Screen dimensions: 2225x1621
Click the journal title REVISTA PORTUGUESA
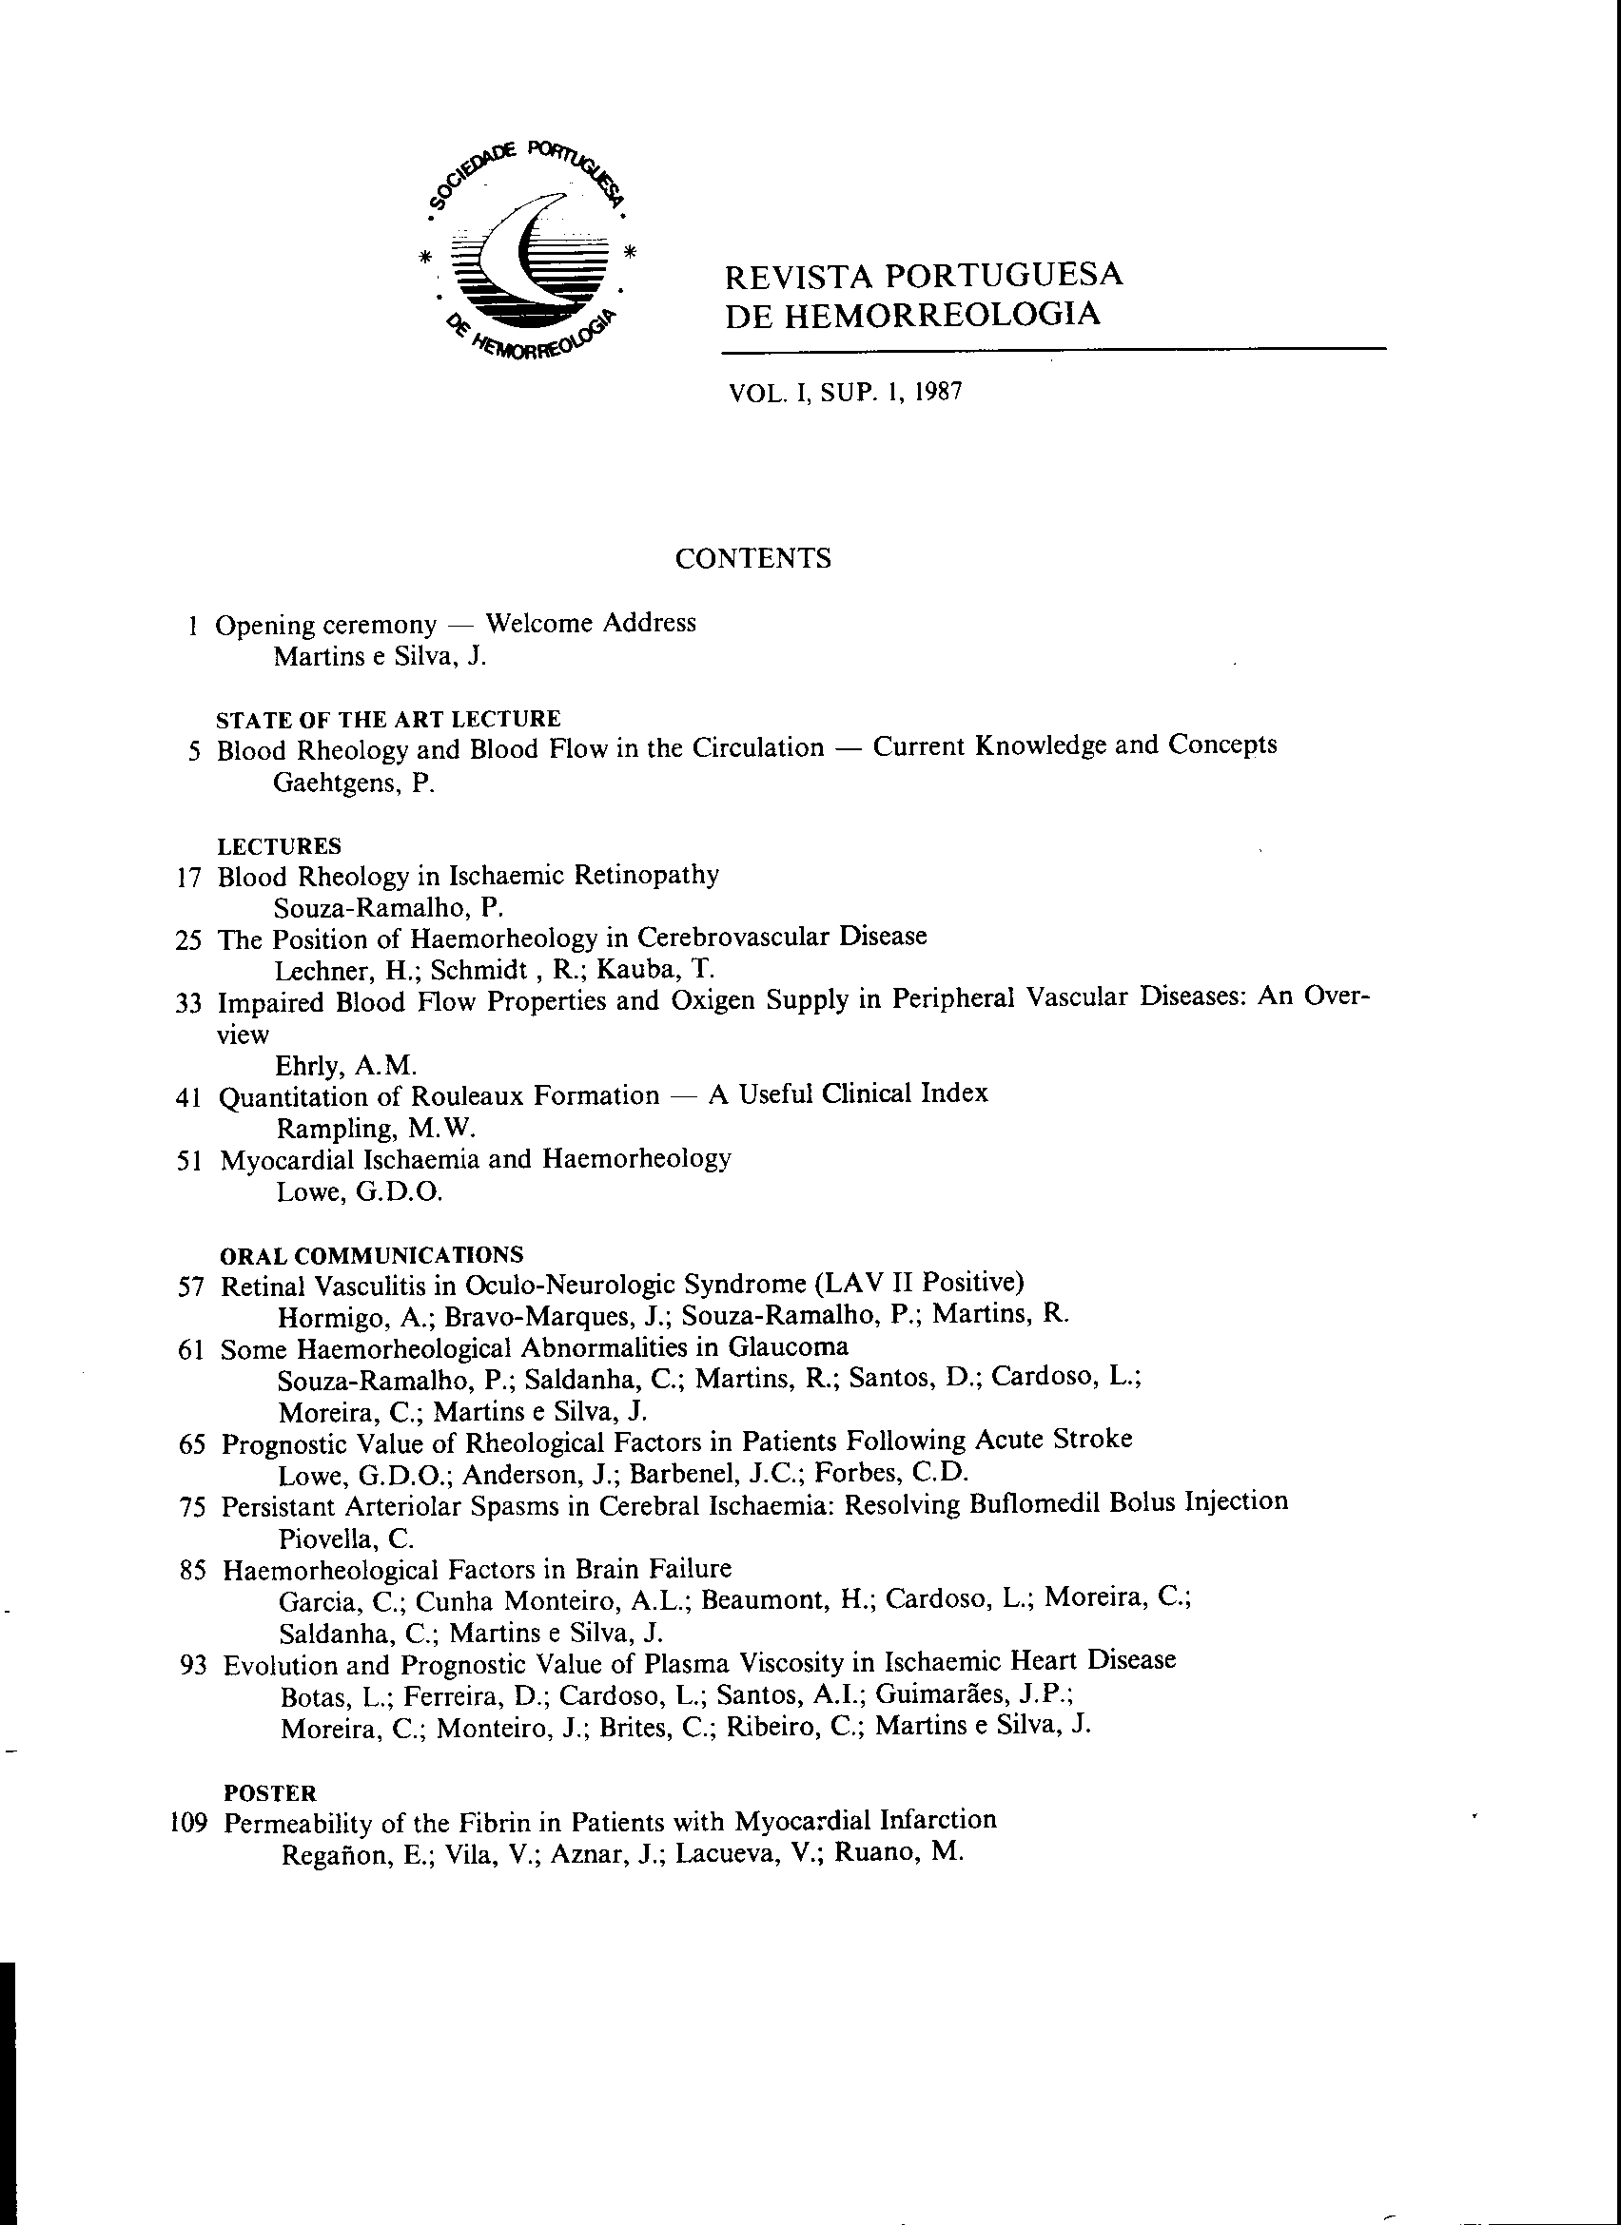tap(923, 276)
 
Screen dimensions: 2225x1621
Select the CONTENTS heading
tap(752, 558)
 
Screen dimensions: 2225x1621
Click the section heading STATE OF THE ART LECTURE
tap(387, 719)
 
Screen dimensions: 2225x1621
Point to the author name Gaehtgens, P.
tap(352, 783)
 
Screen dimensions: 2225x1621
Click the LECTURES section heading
tap(279, 845)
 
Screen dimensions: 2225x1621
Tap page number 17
tap(189, 877)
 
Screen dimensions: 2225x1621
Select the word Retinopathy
tap(646, 874)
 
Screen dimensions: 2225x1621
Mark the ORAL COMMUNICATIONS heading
tap(371, 1256)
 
